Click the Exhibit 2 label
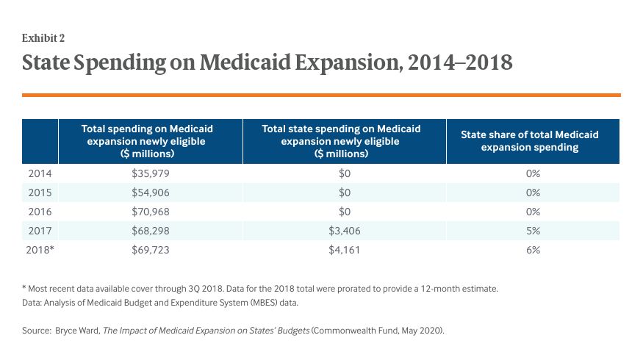click(x=43, y=38)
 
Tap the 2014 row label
click(x=40, y=173)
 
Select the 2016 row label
click(x=40, y=212)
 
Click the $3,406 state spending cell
click(x=341, y=231)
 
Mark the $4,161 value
click(x=341, y=250)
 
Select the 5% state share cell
click(x=533, y=231)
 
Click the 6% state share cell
click(x=533, y=250)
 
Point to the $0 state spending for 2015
click(x=341, y=192)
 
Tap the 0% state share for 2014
click(x=533, y=173)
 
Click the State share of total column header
click(x=529, y=141)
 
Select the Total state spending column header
click(x=341, y=141)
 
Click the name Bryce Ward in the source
click(x=77, y=331)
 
